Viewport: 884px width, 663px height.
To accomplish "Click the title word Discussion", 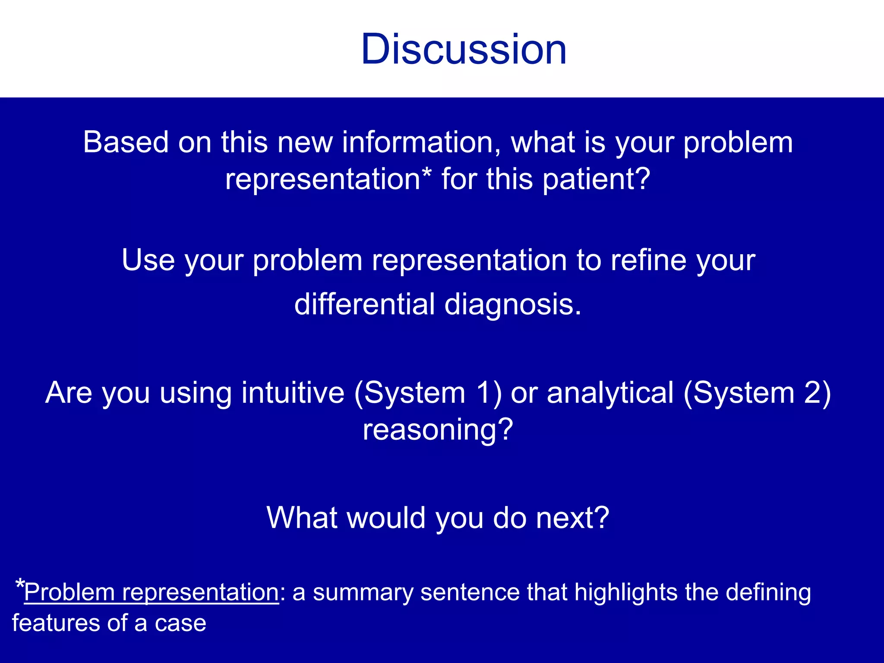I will point(464,49).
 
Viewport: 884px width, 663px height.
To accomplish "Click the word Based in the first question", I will point(126,142).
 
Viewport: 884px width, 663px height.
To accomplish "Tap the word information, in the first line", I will point(421,142).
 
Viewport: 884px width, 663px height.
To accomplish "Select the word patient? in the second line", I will point(596,179).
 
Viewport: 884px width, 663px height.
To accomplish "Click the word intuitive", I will point(293,393).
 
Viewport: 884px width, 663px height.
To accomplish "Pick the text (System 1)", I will point(428,393).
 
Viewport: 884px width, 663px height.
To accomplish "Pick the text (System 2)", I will point(757,393).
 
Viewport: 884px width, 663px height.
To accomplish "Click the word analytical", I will point(610,393).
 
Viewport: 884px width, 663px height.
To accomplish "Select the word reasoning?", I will point(438,429).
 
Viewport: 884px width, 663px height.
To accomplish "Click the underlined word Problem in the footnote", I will point(69,592).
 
